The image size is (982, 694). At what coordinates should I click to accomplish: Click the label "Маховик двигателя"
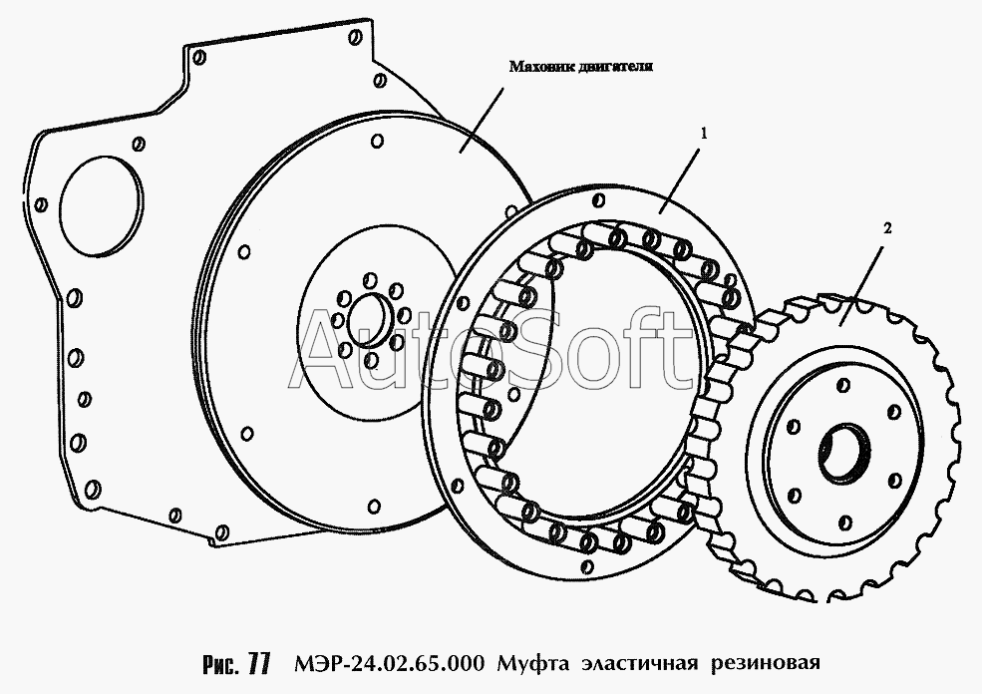click(580, 67)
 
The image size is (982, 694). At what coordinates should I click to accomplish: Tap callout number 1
click(704, 133)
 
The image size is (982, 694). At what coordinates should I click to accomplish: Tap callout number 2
click(887, 228)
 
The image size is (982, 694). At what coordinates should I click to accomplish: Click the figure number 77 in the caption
click(258, 663)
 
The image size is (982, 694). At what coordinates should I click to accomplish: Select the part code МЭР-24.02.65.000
click(388, 663)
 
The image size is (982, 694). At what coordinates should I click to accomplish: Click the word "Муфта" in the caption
click(533, 663)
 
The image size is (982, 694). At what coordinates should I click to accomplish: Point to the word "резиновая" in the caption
click(765, 664)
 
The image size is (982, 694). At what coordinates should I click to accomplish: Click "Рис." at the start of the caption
click(221, 664)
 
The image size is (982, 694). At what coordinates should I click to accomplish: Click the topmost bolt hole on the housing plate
click(357, 37)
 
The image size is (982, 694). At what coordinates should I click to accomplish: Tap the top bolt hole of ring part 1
click(598, 200)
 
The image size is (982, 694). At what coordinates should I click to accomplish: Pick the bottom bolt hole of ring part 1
click(587, 566)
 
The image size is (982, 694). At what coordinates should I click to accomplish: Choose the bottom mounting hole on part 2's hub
click(844, 522)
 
